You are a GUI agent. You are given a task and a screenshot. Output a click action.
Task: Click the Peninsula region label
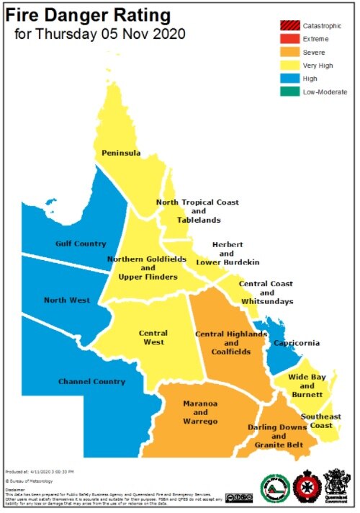click(x=120, y=153)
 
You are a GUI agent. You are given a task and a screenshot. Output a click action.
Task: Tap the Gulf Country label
click(x=81, y=244)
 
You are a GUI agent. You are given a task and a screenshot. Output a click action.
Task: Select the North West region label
click(x=66, y=300)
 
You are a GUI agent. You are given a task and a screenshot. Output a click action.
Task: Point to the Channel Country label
click(x=91, y=381)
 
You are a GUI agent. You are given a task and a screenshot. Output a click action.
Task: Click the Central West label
click(x=153, y=337)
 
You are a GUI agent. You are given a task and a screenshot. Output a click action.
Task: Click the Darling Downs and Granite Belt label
click(x=277, y=436)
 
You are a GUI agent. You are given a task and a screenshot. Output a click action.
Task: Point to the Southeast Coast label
click(x=320, y=421)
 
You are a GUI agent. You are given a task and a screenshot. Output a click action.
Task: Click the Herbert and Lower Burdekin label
click(x=226, y=254)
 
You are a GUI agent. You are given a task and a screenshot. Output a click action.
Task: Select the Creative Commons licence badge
click(x=238, y=497)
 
